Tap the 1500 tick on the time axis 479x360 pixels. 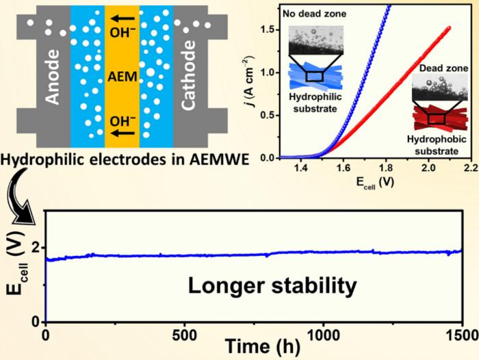pos(463,333)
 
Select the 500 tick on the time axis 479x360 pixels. pos(184,333)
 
